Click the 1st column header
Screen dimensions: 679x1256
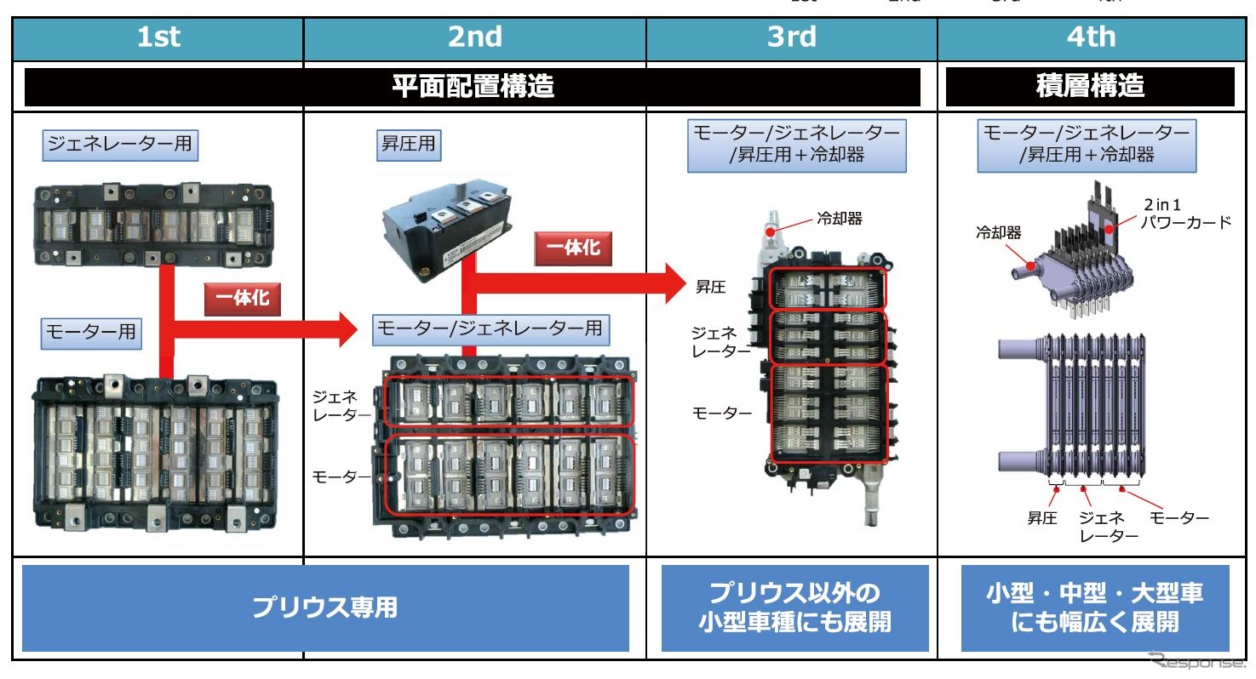click(x=158, y=38)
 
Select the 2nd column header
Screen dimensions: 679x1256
click(x=474, y=38)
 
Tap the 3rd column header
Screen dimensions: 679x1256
click(x=791, y=38)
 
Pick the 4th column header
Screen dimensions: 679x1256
click(x=1090, y=38)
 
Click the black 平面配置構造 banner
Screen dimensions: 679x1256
click(x=473, y=87)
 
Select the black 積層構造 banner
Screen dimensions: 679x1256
click(x=1090, y=87)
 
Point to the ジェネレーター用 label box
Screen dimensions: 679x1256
click(x=119, y=145)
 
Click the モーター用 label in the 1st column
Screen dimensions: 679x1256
click(x=91, y=333)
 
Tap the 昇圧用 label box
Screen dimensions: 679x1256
click(x=408, y=145)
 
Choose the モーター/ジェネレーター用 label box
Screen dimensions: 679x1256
click(x=490, y=328)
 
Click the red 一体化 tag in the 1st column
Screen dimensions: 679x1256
click(x=243, y=299)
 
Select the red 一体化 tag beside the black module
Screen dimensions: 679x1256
click(x=573, y=248)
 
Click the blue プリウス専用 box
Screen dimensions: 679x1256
click(x=325, y=608)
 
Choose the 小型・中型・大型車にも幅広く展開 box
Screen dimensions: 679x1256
click(x=1095, y=608)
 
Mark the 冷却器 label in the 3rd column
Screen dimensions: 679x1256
click(x=840, y=220)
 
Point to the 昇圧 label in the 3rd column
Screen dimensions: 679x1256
click(x=710, y=287)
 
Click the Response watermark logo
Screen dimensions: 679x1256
click(x=1196, y=660)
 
